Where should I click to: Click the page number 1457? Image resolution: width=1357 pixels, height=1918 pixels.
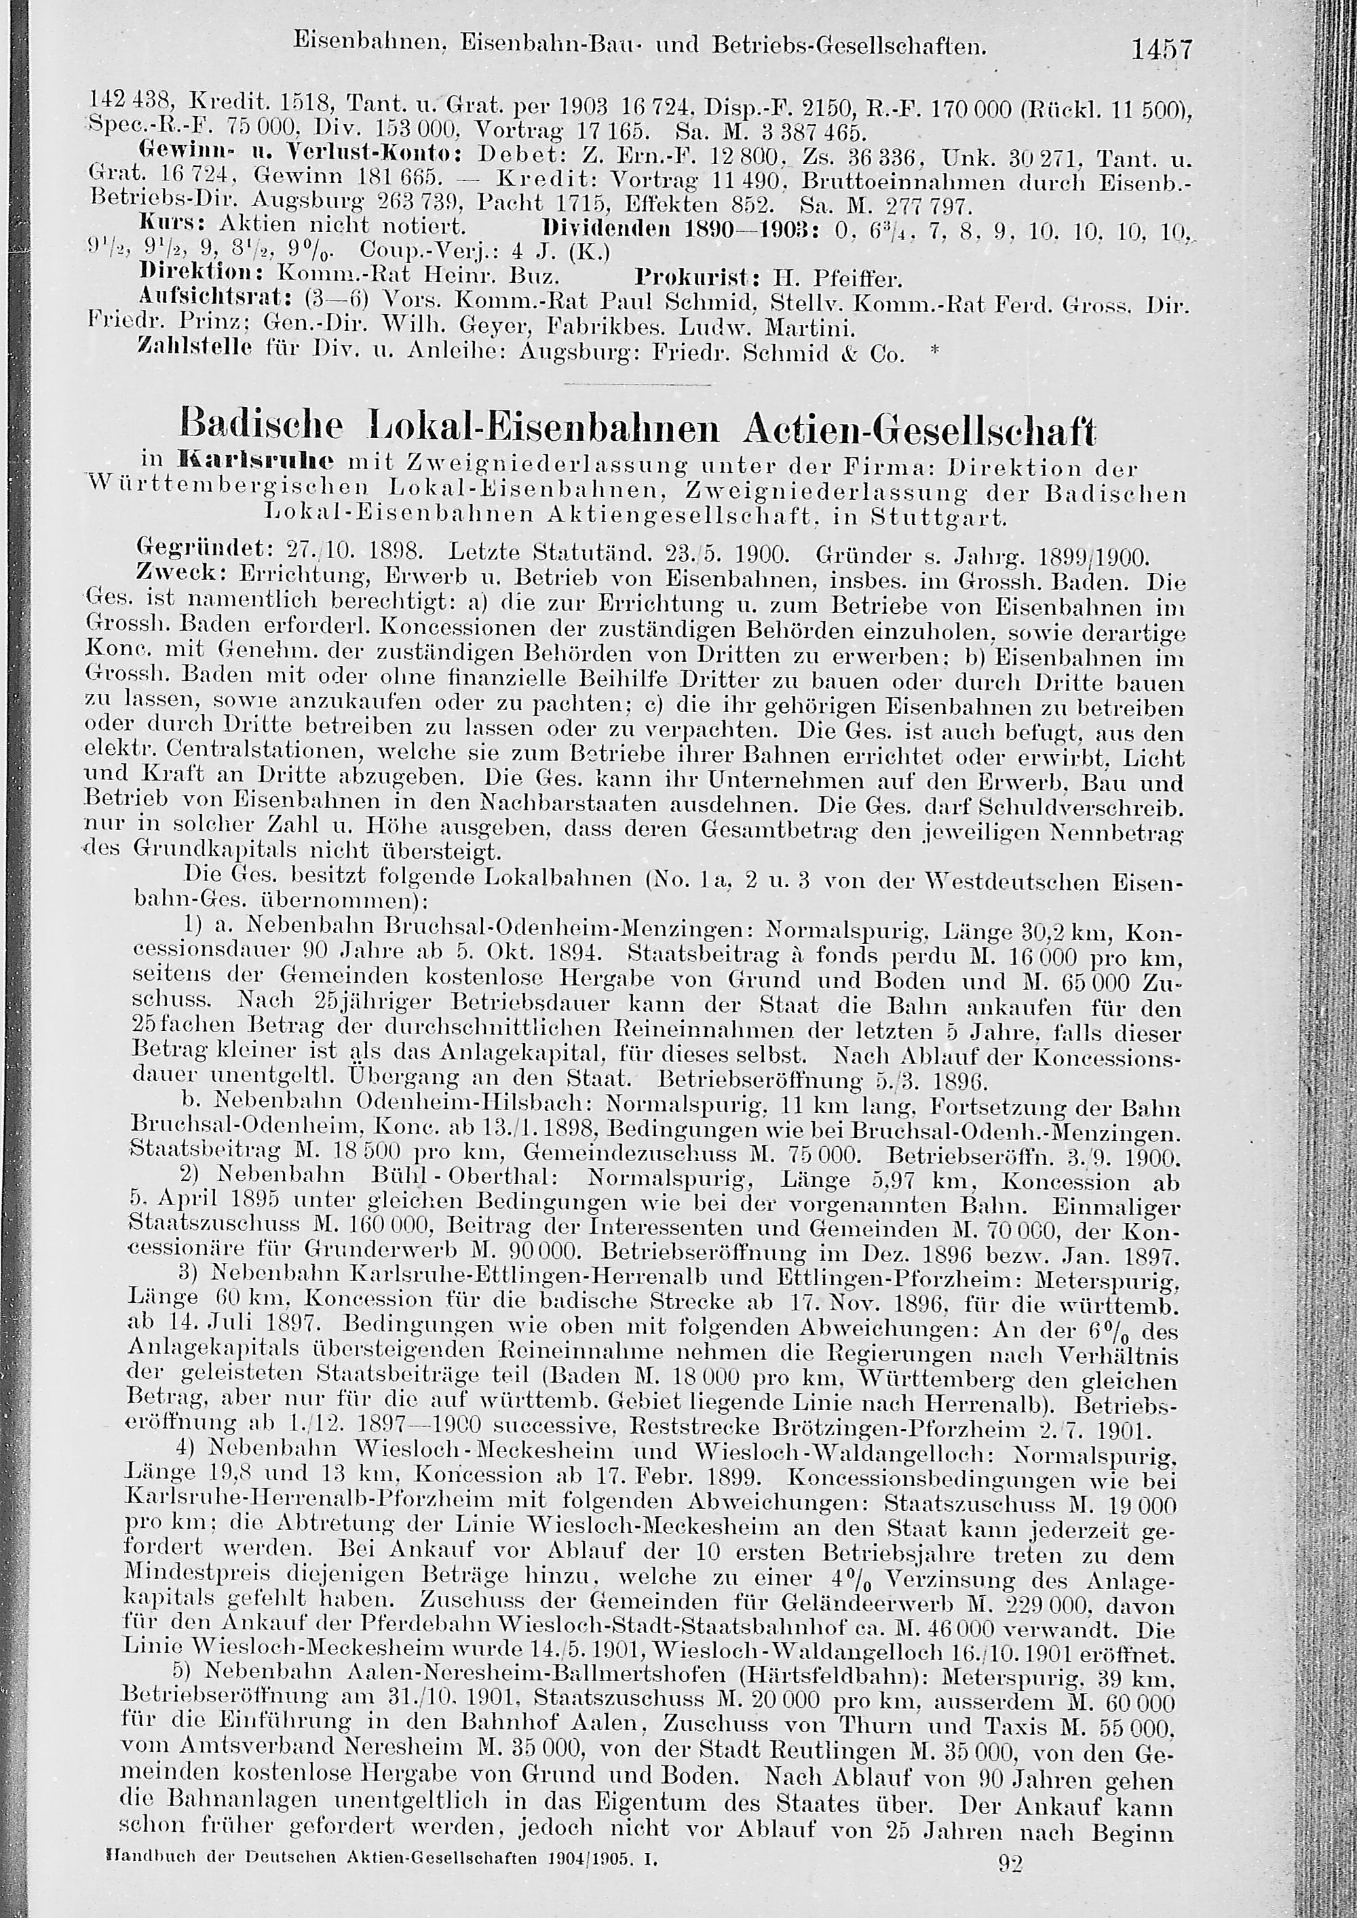click(1161, 51)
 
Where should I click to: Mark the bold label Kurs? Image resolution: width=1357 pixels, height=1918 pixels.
click(174, 227)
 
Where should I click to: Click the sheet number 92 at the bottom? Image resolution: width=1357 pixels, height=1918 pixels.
click(1012, 1885)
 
